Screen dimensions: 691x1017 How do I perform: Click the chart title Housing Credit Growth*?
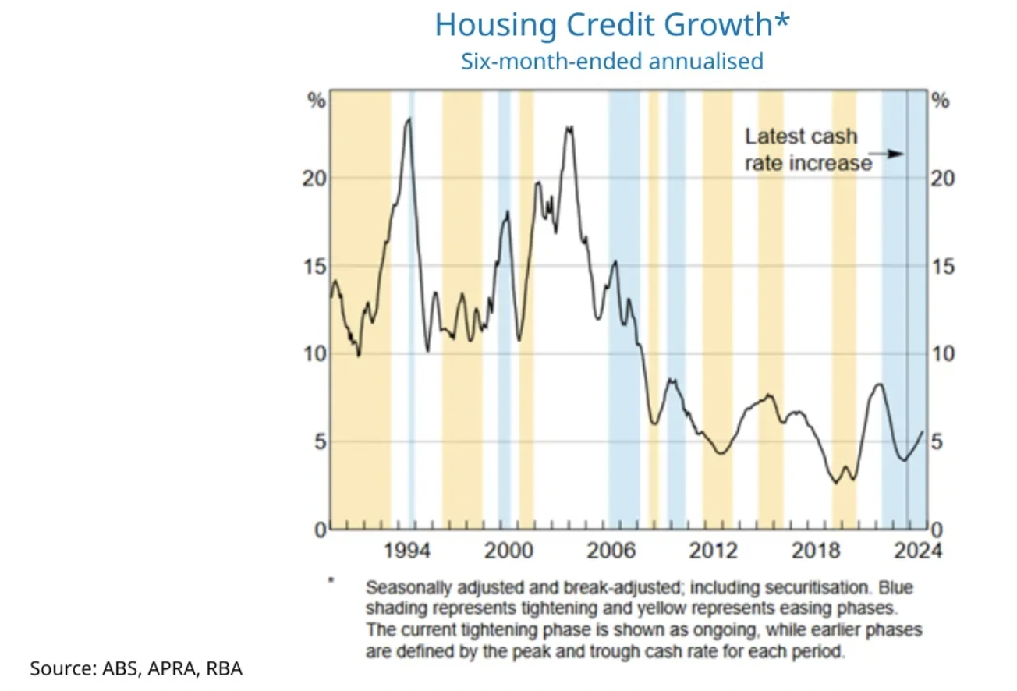[612, 25]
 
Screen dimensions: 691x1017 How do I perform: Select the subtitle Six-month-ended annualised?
[612, 61]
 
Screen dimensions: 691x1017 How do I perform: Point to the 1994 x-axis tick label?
[408, 550]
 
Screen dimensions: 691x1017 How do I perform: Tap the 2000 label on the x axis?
[508, 550]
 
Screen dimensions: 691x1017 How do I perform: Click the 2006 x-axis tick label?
[609, 550]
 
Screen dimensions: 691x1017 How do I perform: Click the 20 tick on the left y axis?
[313, 179]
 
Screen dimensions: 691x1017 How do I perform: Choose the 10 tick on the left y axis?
[313, 354]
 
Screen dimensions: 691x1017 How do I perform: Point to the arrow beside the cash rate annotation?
[888, 154]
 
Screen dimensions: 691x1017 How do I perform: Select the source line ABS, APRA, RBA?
[136, 668]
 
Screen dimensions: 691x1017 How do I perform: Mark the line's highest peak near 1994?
[407, 119]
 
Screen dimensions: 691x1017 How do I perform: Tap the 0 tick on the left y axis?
[317, 530]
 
